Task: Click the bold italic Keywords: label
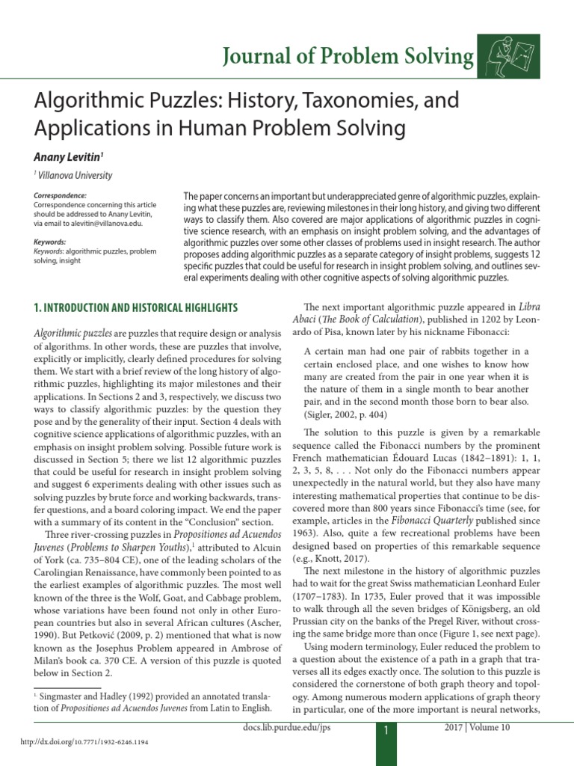coord(51,242)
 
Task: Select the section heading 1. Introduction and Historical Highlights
coord(136,307)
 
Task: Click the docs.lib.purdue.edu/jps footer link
coord(286,727)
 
